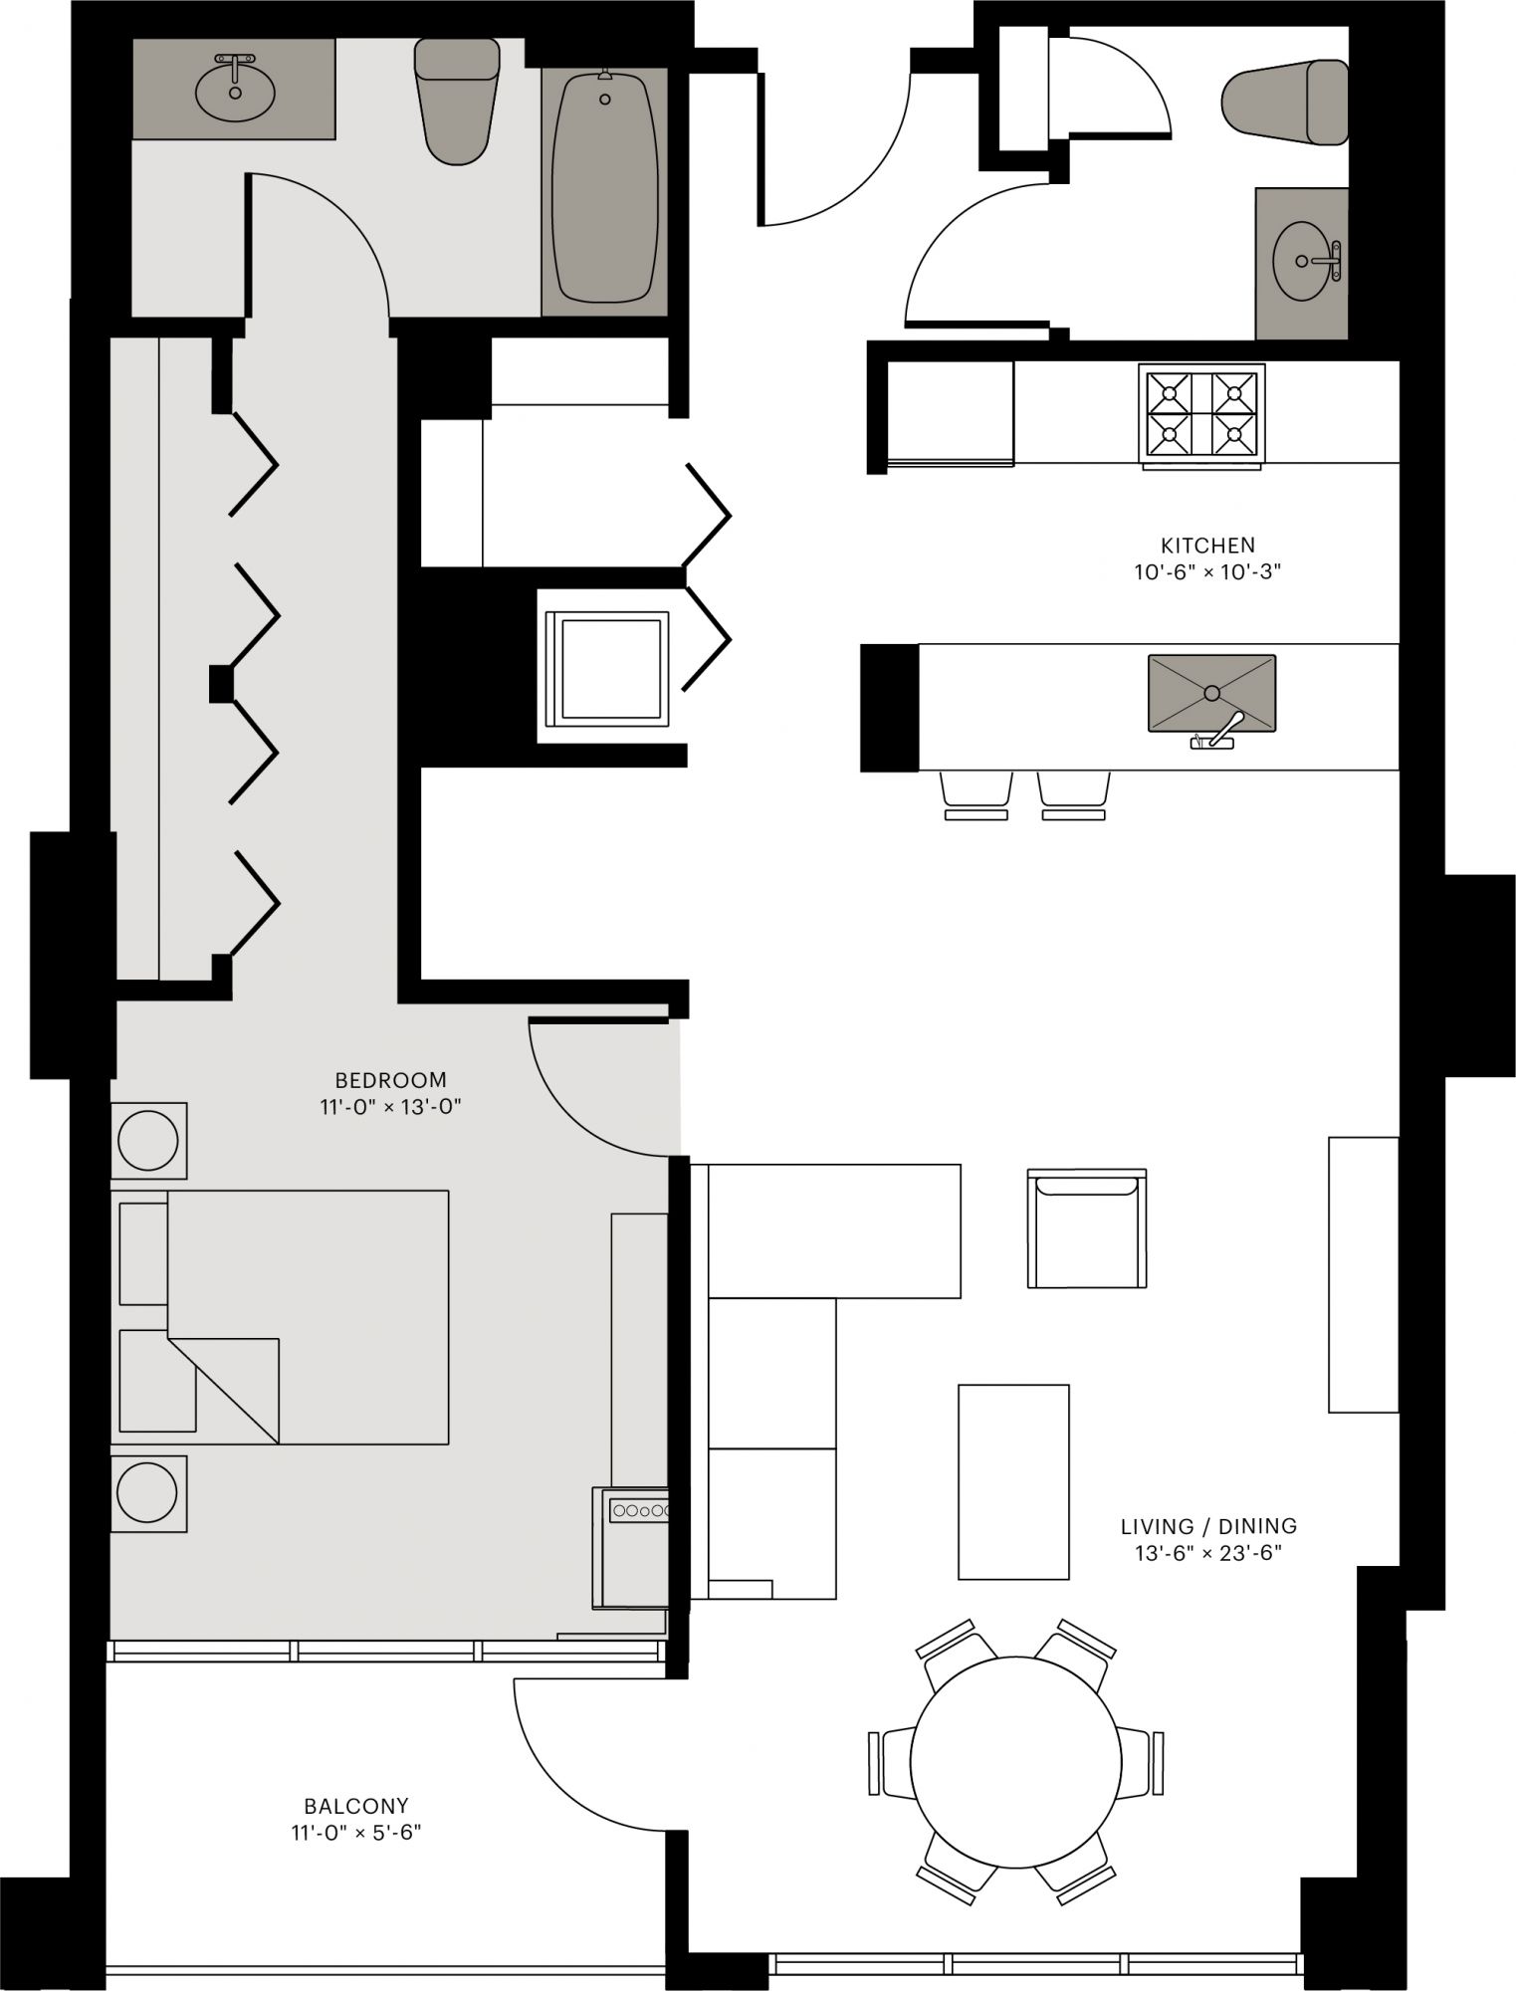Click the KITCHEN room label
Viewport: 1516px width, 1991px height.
coord(1207,546)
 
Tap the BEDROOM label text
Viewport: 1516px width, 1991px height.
coord(391,1080)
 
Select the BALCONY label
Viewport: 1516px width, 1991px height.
coord(356,1806)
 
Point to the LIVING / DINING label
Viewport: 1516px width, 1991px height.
coord(1208,1526)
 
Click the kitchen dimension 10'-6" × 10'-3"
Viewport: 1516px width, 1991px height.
coord(1207,573)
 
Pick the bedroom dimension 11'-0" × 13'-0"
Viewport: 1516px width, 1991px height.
coord(391,1107)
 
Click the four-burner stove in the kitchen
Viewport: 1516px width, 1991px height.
coord(1201,415)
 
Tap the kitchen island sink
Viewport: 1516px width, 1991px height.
coord(1211,694)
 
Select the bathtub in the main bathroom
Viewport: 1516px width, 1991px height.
coord(604,189)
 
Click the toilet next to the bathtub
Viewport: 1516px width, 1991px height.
coord(456,100)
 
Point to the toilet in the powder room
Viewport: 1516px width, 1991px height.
coord(1284,101)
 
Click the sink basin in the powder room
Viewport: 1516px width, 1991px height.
coord(1301,261)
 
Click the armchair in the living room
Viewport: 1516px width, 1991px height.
coord(1087,1228)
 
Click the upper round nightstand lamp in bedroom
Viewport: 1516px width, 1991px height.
coord(148,1139)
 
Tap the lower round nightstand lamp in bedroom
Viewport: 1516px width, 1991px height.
coord(147,1492)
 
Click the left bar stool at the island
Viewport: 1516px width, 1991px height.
coord(975,794)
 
